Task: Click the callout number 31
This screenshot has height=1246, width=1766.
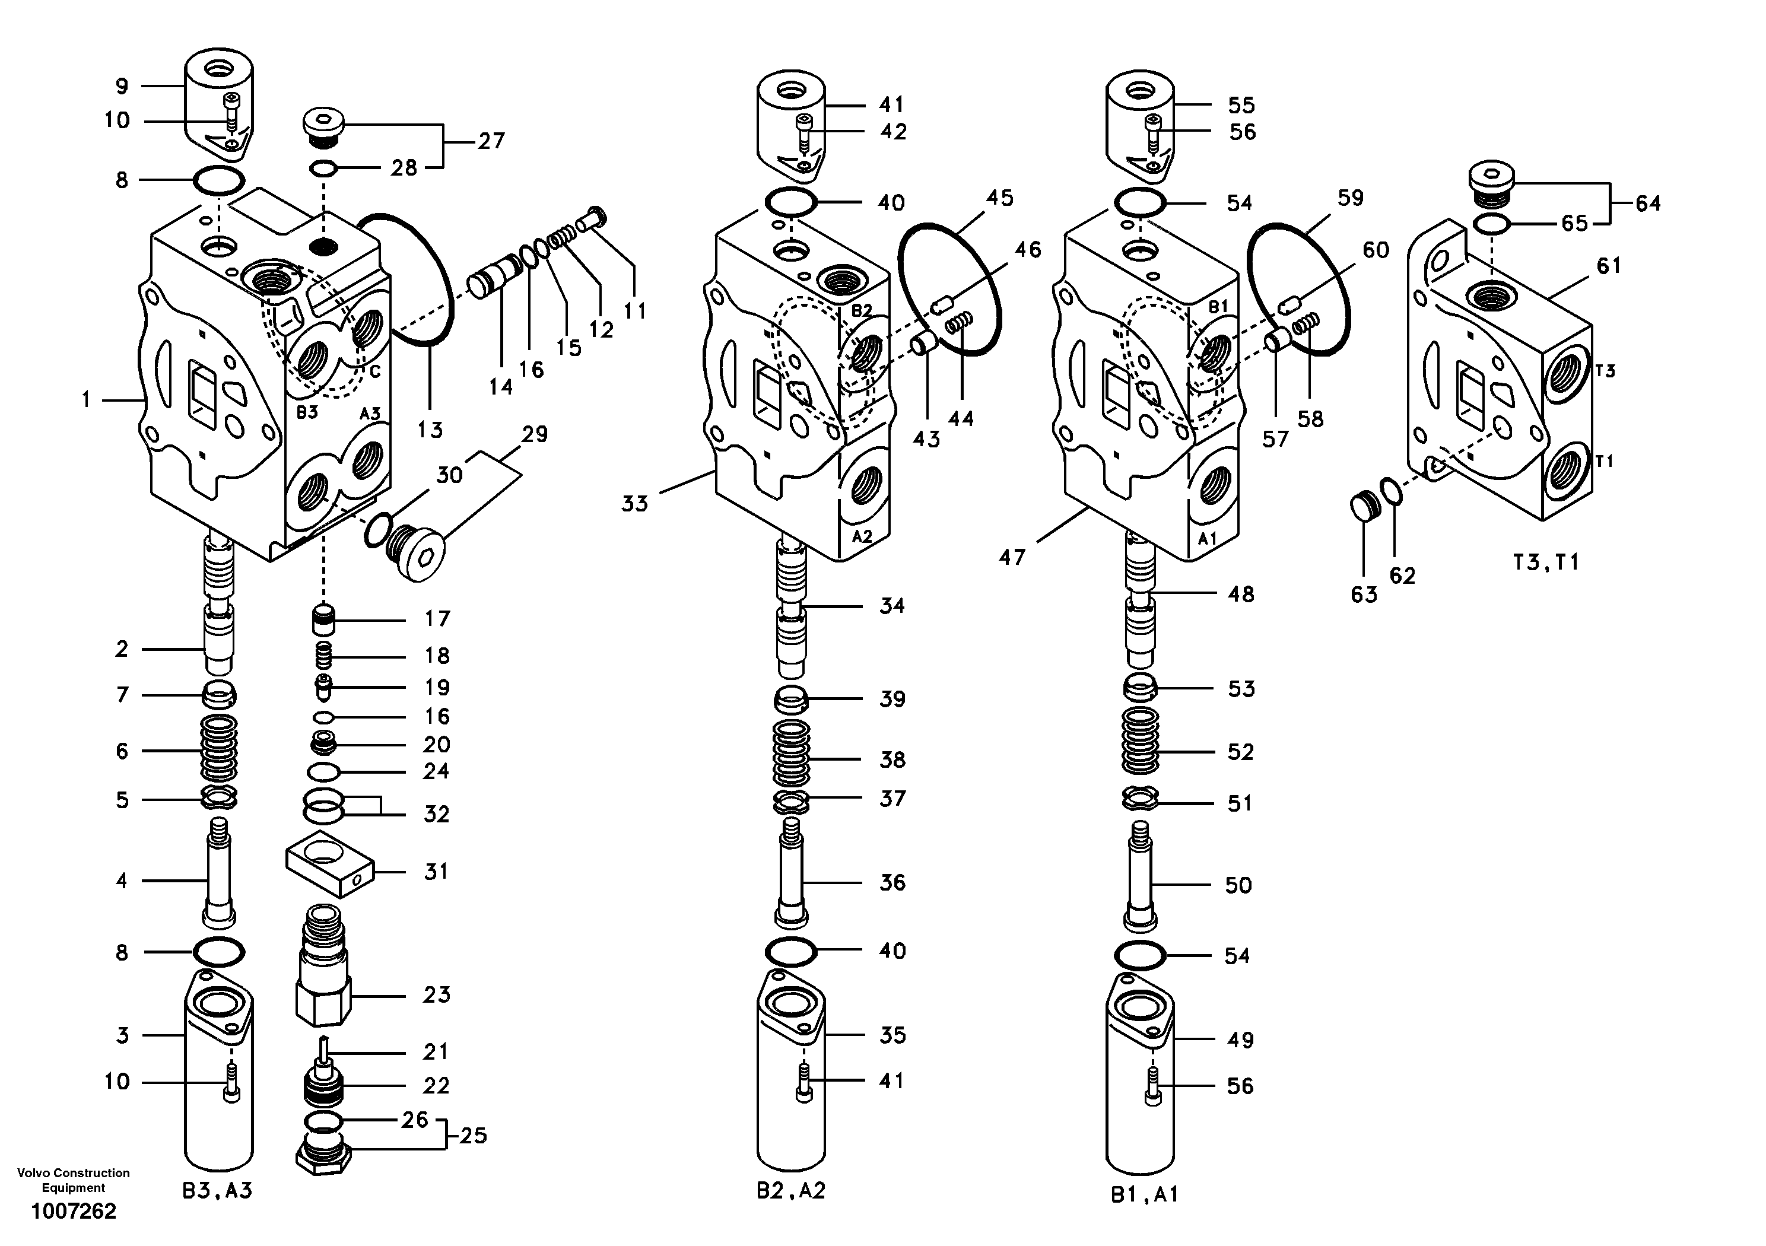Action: point(436,872)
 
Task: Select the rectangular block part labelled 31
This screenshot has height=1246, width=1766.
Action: point(329,863)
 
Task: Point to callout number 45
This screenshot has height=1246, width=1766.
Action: point(999,198)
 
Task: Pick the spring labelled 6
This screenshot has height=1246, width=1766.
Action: point(218,748)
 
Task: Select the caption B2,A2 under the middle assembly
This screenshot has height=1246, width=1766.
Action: point(790,1191)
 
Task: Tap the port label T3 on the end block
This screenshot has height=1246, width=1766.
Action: point(1605,371)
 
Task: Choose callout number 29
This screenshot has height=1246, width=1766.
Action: point(535,434)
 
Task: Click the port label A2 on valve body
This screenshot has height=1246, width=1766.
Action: point(862,536)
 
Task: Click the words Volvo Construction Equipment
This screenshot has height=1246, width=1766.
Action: point(73,1180)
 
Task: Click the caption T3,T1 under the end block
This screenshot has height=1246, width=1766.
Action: point(1545,562)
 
